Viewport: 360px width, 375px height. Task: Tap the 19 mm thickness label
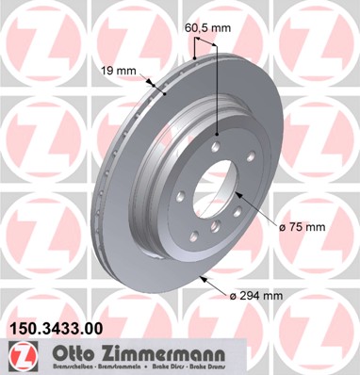(113, 70)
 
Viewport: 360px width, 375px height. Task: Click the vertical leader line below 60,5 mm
(220, 85)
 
